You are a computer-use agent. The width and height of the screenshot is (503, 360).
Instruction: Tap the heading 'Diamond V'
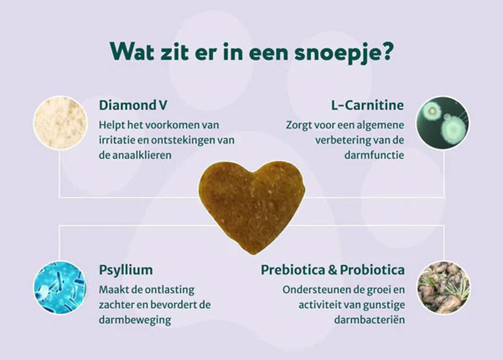(133, 106)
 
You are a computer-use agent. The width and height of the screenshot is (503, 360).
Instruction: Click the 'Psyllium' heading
(126, 270)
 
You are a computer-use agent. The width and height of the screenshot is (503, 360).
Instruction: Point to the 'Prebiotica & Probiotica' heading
(332, 270)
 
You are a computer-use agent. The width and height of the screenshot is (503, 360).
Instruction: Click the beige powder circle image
(60, 122)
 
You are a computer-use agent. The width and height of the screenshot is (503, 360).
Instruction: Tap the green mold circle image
(443, 123)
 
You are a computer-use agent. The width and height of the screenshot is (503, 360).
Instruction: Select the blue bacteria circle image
(60, 287)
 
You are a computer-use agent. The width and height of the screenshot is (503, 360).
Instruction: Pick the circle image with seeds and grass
(443, 287)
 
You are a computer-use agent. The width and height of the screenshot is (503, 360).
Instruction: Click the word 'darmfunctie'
(374, 156)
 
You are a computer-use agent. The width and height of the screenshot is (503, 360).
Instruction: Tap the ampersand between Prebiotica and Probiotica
(332, 270)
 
